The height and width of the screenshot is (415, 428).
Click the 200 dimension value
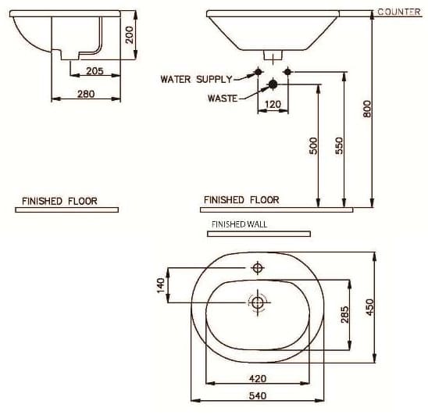point(130,34)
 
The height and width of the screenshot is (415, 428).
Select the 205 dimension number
point(95,70)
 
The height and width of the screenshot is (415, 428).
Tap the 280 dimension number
point(86,94)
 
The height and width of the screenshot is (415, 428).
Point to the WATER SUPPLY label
point(196,79)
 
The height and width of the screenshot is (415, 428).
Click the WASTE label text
point(222,98)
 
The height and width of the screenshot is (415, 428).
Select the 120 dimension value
point(273,103)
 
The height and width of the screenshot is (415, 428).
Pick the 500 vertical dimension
point(314,146)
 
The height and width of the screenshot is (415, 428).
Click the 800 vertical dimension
point(368,109)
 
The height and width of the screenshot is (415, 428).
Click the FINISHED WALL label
point(239,224)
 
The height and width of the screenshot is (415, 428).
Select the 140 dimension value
point(162,285)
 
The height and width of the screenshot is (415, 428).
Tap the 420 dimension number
point(257,378)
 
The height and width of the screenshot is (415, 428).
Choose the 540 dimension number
point(257,396)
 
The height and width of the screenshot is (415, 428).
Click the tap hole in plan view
point(257,269)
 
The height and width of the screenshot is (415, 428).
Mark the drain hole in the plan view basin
point(257,302)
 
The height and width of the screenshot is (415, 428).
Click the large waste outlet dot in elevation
point(273,84)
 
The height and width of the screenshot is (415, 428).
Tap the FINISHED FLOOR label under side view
point(59,201)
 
